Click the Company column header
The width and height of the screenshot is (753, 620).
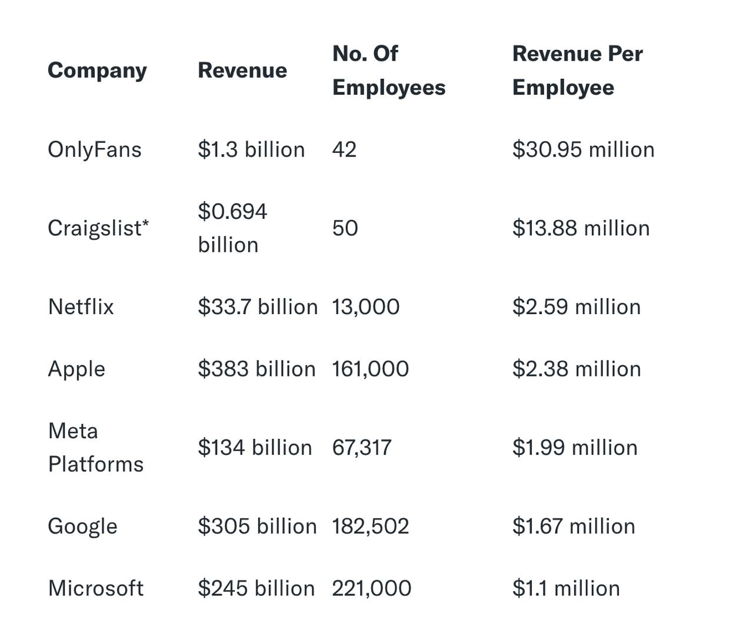pyautogui.click(x=97, y=71)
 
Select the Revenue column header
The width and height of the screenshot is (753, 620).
pyautogui.click(x=242, y=71)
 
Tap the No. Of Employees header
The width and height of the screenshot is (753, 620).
pyautogui.click(x=388, y=71)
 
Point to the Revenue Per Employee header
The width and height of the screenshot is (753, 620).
pyautogui.click(x=577, y=71)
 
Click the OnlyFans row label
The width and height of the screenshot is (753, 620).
pyautogui.click(x=95, y=149)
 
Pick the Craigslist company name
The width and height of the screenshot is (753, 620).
pyautogui.click(x=98, y=228)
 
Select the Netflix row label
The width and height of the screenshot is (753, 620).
pyautogui.click(x=81, y=306)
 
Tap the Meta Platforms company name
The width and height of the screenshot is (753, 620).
pyautogui.click(x=95, y=448)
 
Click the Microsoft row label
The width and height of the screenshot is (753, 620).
pyautogui.click(x=96, y=588)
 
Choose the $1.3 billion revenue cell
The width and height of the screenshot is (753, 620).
pyautogui.click(x=251, y=149)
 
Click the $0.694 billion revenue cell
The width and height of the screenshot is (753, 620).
pyautogui.click(x=232, y=228)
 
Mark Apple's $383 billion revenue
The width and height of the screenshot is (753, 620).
pyautogui.click(x=256, y=369)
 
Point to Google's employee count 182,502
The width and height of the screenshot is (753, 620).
pyautogui.click(x=370, y=526)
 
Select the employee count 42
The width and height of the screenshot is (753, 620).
pyautogui.click(x=344, y=149)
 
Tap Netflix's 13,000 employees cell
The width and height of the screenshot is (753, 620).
pyautogui.click(x=365, y=306)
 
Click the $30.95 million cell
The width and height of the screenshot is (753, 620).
pyautogui.click(x=583, y=149)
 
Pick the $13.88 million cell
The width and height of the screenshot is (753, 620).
pyautogui.click(x=581, y=228)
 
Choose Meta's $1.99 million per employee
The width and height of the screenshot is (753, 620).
pyautogui.click(x=575, y=448)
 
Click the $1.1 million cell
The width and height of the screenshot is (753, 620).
pyautogui.click(x=566, y=588)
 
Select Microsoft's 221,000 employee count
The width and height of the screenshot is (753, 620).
pyautogui.click(x=371, y=588)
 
